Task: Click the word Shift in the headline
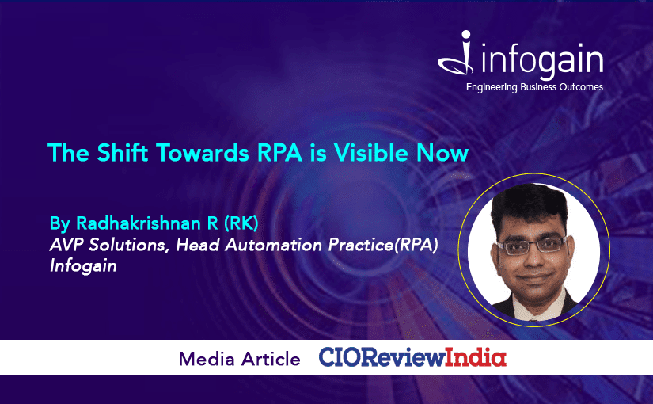[x=123, y=153]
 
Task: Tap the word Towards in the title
[x=203, y=153]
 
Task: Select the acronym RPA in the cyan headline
[x=279, y=153]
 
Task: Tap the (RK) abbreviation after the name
[x=241, y=223]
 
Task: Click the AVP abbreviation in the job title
[x=66, y=245]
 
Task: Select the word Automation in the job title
[x=273, y=245]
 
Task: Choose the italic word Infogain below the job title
[x=83, y=266]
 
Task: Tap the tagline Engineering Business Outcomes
[x=534, y=87]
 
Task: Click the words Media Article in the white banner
[x=240, y=359]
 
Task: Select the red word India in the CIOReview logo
[x=476, y=358]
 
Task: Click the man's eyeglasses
[x=530, y=245]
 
